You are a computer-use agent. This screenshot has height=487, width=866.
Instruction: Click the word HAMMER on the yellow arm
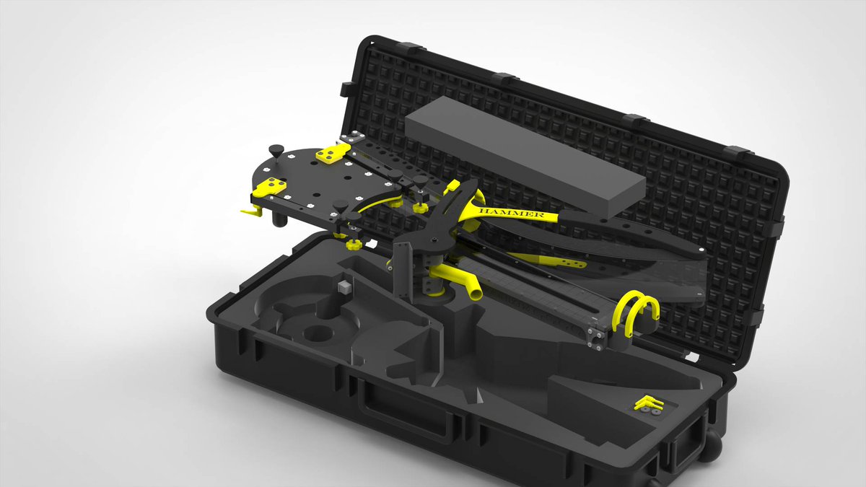pyautogui.click(x=511, y=212)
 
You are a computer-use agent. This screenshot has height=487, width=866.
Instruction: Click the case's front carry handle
pyautogui.click(x=405, y=411)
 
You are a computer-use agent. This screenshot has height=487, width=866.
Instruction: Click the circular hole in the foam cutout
pyautogui.click(x=318, y=333)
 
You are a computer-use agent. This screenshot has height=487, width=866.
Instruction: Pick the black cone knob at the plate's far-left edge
pyautogui.click(x=276, y=150)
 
